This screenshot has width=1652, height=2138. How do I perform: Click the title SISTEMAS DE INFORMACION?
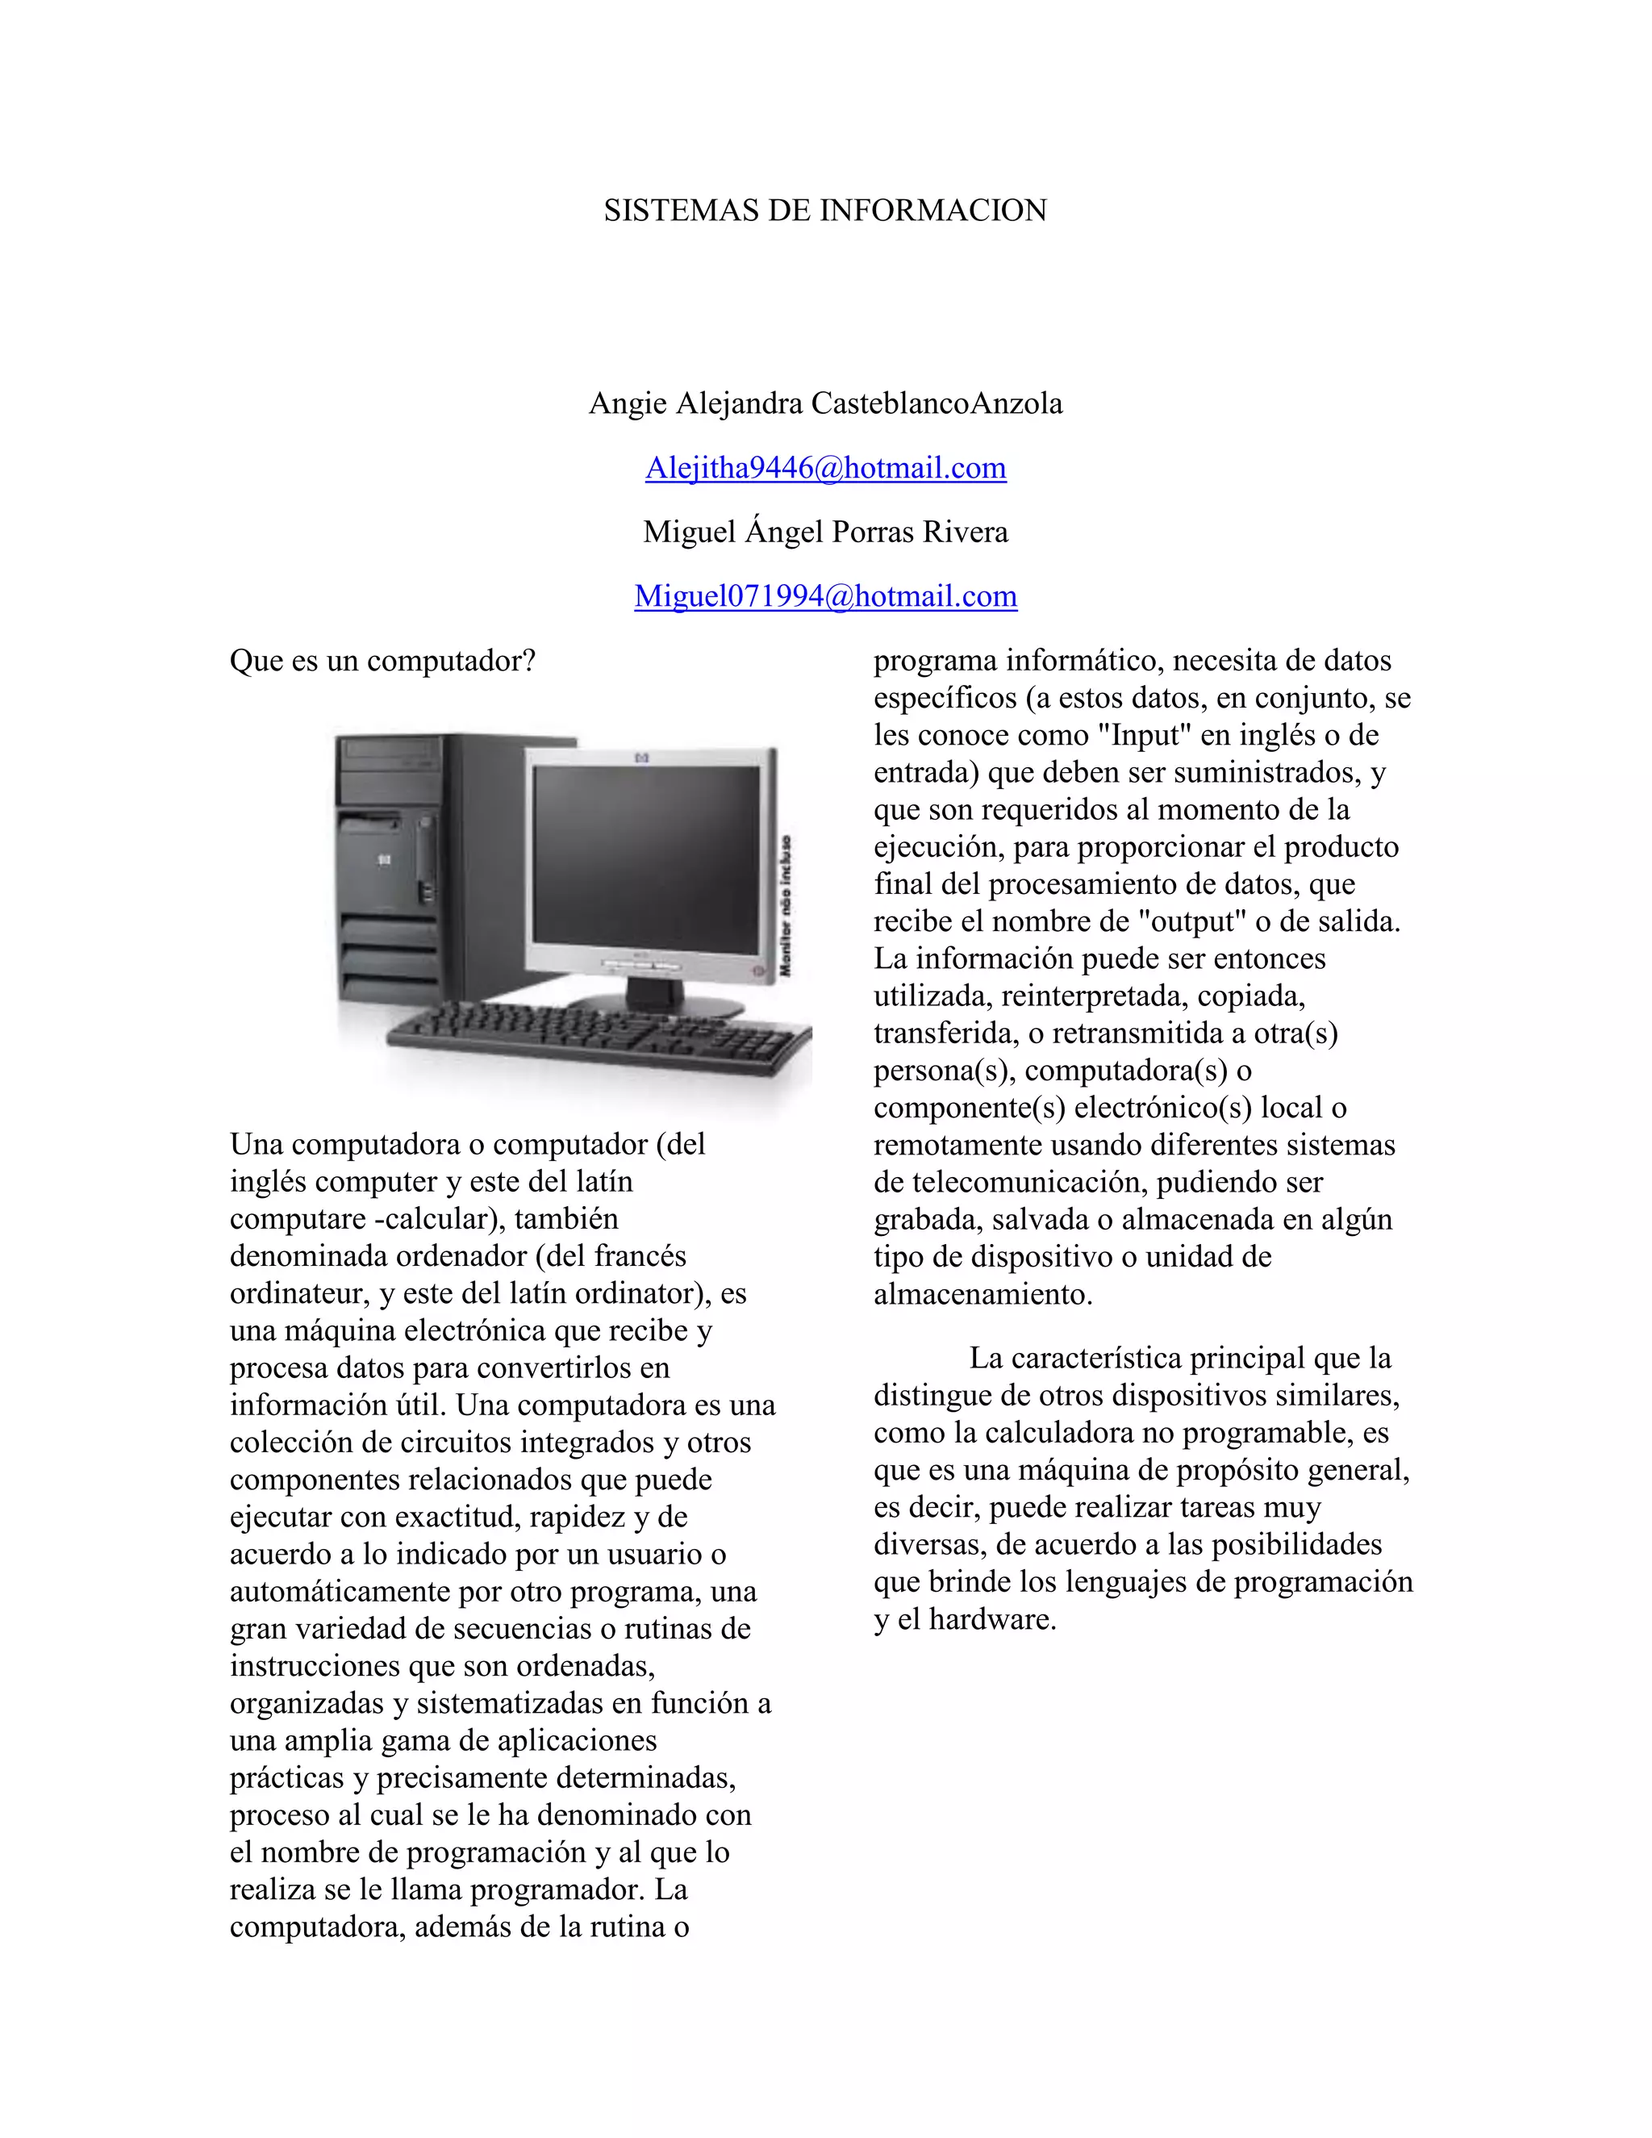click(825, 211)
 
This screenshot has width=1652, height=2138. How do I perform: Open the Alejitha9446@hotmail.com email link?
click(825, 468)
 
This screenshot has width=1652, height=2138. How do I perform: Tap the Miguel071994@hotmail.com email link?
click(825, 596)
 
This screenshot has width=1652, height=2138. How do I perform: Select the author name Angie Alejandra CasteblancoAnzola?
click(825, 403)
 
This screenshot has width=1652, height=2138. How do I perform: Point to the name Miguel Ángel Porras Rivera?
click(825, 532)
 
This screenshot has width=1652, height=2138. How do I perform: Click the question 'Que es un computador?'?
click(382, 661)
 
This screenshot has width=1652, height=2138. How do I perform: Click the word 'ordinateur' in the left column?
click(299, 1293)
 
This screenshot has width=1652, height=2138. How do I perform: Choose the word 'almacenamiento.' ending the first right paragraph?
click(982, 1294)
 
